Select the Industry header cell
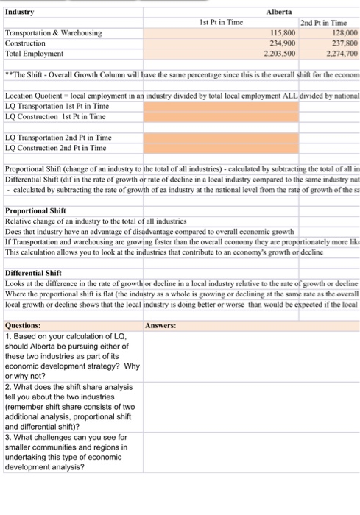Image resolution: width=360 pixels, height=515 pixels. point(19,12)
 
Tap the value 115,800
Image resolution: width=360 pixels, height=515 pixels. point(282,33)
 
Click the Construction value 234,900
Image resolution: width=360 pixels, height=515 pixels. point(282,43)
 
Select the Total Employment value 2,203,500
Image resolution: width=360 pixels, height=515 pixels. point(280,54)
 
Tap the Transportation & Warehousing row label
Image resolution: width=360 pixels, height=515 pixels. point(53,33)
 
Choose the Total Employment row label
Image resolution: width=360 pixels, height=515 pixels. point(34,54)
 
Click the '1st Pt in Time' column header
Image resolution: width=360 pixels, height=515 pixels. point(221,23)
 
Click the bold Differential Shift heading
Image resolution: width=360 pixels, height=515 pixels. point(33,272)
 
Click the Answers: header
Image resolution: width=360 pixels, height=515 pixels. point(160,325)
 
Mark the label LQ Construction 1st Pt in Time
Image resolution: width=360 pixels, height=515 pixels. point(55,117)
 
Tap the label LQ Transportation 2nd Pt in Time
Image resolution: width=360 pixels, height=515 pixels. point(58,138)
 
